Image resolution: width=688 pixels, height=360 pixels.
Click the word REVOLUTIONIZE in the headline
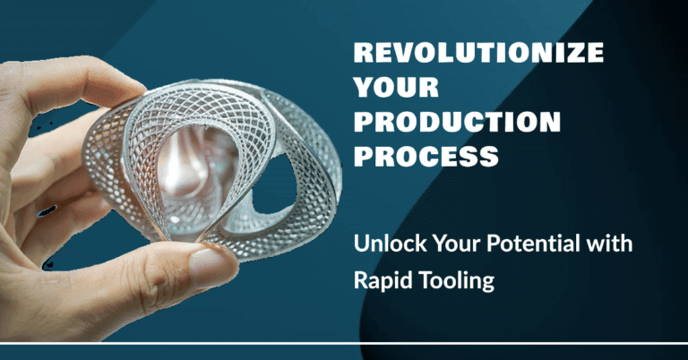[478, 53]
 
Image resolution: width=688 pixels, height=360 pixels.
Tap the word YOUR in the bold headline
[396, 87]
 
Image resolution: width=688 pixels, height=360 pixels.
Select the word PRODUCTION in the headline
[457, 122]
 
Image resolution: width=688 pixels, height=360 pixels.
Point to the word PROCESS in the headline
[426, 156]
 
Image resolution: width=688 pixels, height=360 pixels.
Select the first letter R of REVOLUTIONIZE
[363, 53]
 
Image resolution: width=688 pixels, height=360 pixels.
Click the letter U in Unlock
[361, 244]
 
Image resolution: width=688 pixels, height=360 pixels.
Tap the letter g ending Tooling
[488, 284]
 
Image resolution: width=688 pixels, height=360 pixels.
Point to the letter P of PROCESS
[363, 156]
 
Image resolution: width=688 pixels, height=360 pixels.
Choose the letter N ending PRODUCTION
[551, 122]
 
